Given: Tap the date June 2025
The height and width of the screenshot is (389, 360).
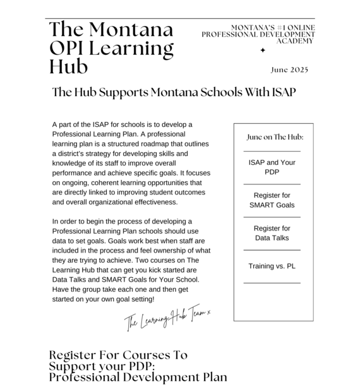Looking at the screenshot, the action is [289, 69].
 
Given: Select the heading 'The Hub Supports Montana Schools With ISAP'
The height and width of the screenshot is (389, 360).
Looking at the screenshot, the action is [174, 92].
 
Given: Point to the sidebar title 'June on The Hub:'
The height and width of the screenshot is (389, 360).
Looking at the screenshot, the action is [275, 137].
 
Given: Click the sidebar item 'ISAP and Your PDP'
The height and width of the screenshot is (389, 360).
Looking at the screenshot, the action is [272, 167].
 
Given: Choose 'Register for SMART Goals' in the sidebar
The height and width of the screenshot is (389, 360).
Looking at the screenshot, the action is [272, 200].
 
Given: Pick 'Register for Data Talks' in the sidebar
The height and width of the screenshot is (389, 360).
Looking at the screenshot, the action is [272, 233].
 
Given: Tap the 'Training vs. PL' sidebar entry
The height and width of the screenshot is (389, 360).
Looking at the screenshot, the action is [272, 266].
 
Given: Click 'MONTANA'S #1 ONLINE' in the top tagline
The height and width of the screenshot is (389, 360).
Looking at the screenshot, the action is [273, 28].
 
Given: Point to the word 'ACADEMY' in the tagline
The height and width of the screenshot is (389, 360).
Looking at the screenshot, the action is [295, 40].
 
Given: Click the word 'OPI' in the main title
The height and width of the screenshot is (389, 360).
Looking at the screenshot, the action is [70, 48].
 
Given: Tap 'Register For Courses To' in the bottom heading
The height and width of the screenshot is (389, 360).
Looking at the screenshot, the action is [118, 355].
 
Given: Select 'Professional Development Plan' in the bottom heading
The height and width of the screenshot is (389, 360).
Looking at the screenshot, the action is [138, 377].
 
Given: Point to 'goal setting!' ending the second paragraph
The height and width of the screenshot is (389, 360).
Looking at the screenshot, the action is [135, 299].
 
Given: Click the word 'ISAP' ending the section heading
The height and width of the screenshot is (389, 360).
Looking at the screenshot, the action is [284, 92].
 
